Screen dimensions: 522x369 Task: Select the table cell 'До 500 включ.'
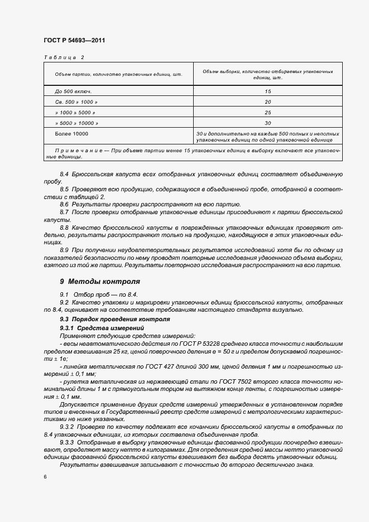[x=73, y=91]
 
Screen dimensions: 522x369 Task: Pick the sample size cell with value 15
[x=267, y=91]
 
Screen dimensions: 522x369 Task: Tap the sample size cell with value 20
[x=267, y=101]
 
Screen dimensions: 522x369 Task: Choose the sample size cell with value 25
[x=267, y=112]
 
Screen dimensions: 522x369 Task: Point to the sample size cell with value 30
[x=267, y=123]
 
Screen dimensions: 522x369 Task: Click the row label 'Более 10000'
[x=71, y=134]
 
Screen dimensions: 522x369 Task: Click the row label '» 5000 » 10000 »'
[x=76, y=123]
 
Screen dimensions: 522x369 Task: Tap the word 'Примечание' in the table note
[x=79, y=151]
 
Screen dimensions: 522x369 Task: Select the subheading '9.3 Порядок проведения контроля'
[x=107, y=319]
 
